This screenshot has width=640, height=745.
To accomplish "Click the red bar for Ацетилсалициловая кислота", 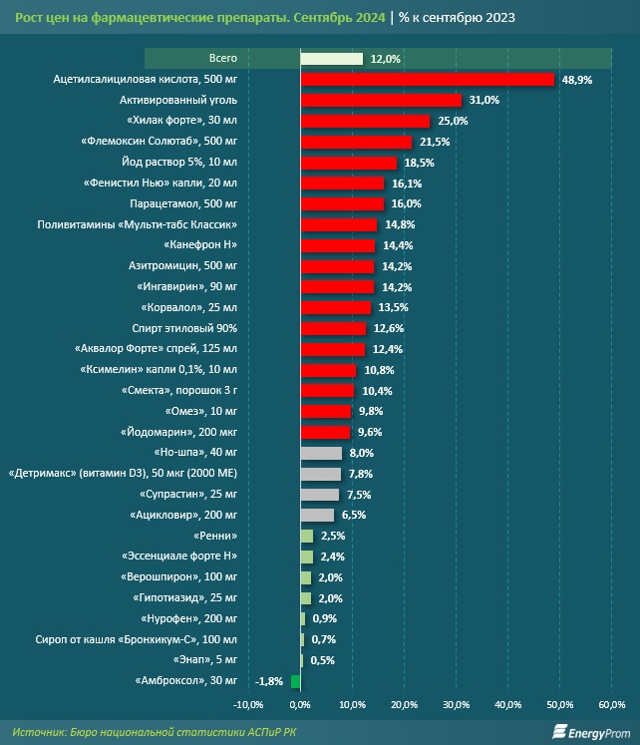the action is pos(428,80).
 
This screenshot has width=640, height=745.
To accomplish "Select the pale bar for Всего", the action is pos(331,59).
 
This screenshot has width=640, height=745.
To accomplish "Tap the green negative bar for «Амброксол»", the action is pos(296,681).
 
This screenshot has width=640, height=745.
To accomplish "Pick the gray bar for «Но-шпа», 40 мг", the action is pos(321,453).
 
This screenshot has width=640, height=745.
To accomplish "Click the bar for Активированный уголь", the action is pos(381,101).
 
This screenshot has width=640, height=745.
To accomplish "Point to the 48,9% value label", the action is pos(577,80).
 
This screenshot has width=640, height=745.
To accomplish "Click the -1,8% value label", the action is pos(269,681).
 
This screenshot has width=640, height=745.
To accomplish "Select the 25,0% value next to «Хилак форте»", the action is pos(453,121).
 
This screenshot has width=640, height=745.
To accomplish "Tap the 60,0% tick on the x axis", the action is pos(611,705).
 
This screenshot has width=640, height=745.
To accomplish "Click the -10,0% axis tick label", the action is pos(248,705).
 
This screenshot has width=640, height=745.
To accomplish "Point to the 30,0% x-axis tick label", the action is pos(457,705).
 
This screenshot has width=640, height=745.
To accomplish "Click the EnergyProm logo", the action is pos(590,732).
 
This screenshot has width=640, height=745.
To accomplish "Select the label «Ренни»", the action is pos(215,536).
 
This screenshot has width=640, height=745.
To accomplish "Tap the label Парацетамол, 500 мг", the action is pos(183,203).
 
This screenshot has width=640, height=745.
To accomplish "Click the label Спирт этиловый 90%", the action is pos(184,328).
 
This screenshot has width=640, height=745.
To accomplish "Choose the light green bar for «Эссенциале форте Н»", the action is pos(307,557).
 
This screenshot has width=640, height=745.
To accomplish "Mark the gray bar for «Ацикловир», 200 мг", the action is pos(317,515).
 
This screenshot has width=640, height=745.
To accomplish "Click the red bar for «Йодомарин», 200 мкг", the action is pos(325,433).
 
